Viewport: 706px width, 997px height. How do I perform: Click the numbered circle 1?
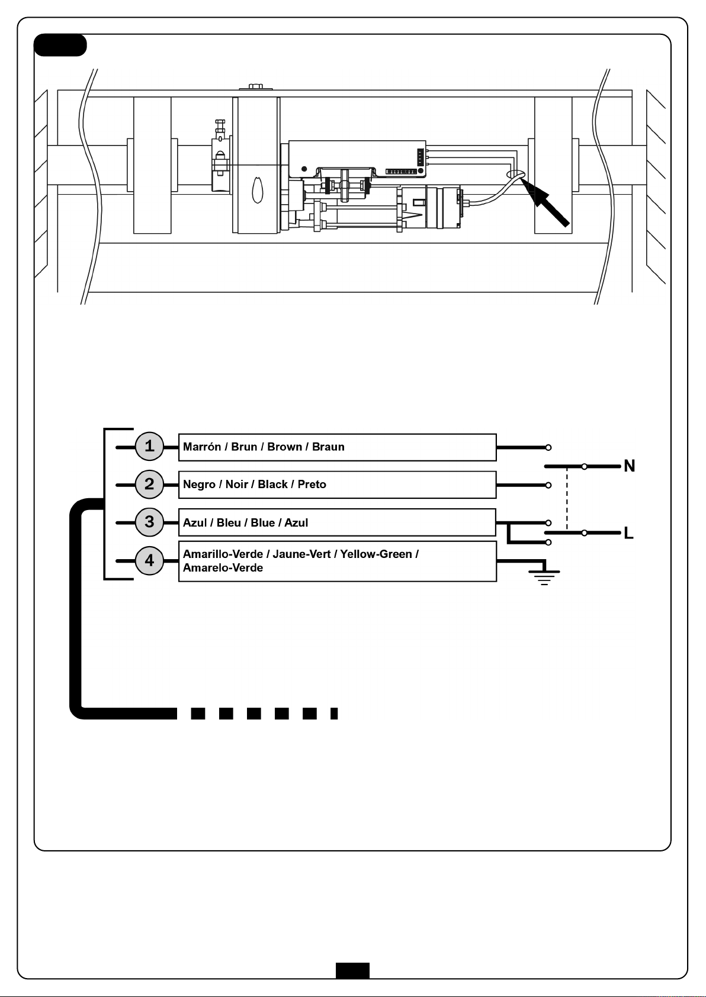(149, 447)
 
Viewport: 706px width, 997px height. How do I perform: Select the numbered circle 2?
(149, 485)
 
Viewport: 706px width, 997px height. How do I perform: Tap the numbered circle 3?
(149, 522)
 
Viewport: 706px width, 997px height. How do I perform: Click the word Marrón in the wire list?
(202, 447)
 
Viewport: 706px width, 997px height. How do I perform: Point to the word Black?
(272, 485)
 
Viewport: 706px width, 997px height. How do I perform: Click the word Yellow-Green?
(376, 554)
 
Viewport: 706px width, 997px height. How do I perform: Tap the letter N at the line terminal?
(629, 466)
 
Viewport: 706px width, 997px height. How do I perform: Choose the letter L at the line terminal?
(628, 533)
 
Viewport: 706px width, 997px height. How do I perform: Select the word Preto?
(312, 485)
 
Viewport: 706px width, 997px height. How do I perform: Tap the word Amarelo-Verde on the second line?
(223, 568)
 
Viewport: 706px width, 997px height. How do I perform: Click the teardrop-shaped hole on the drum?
(257, 190)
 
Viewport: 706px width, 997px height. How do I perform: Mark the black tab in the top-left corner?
(60, 46)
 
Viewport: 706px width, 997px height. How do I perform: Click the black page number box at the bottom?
(352, 970)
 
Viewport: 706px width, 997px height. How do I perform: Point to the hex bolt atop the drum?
(256, 87)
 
